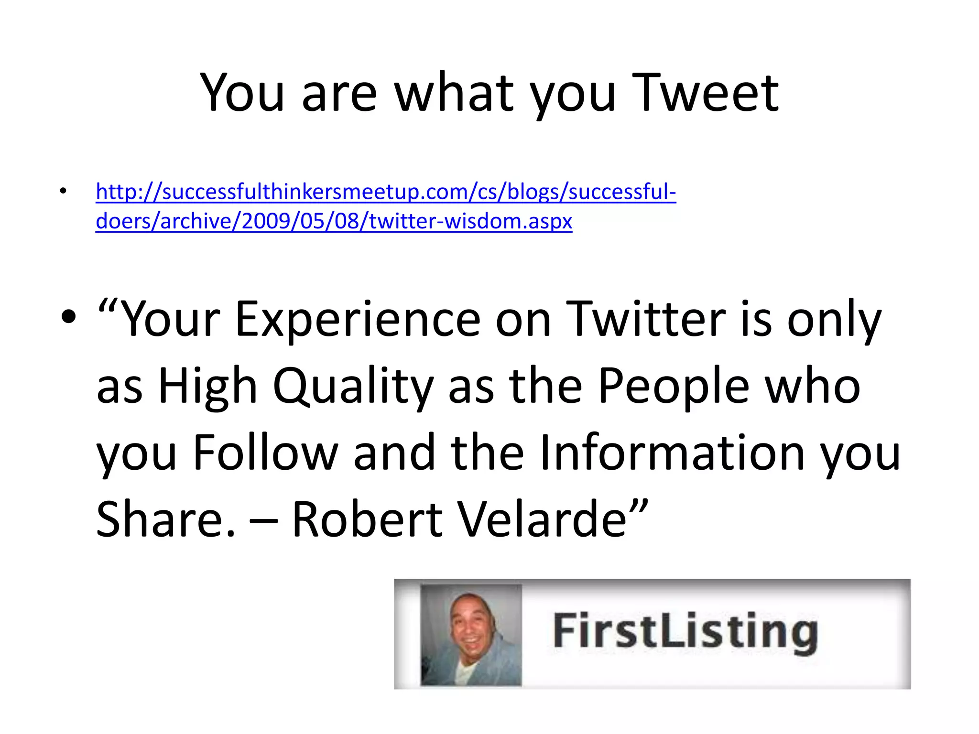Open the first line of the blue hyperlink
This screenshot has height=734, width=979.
tap(385, 192)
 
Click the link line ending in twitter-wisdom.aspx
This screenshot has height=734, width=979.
tap(334, 221)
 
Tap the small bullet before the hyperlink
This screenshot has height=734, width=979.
tap(63, 192)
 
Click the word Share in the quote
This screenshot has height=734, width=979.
tap(165, 519)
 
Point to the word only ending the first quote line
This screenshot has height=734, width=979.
tap(834, 319)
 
